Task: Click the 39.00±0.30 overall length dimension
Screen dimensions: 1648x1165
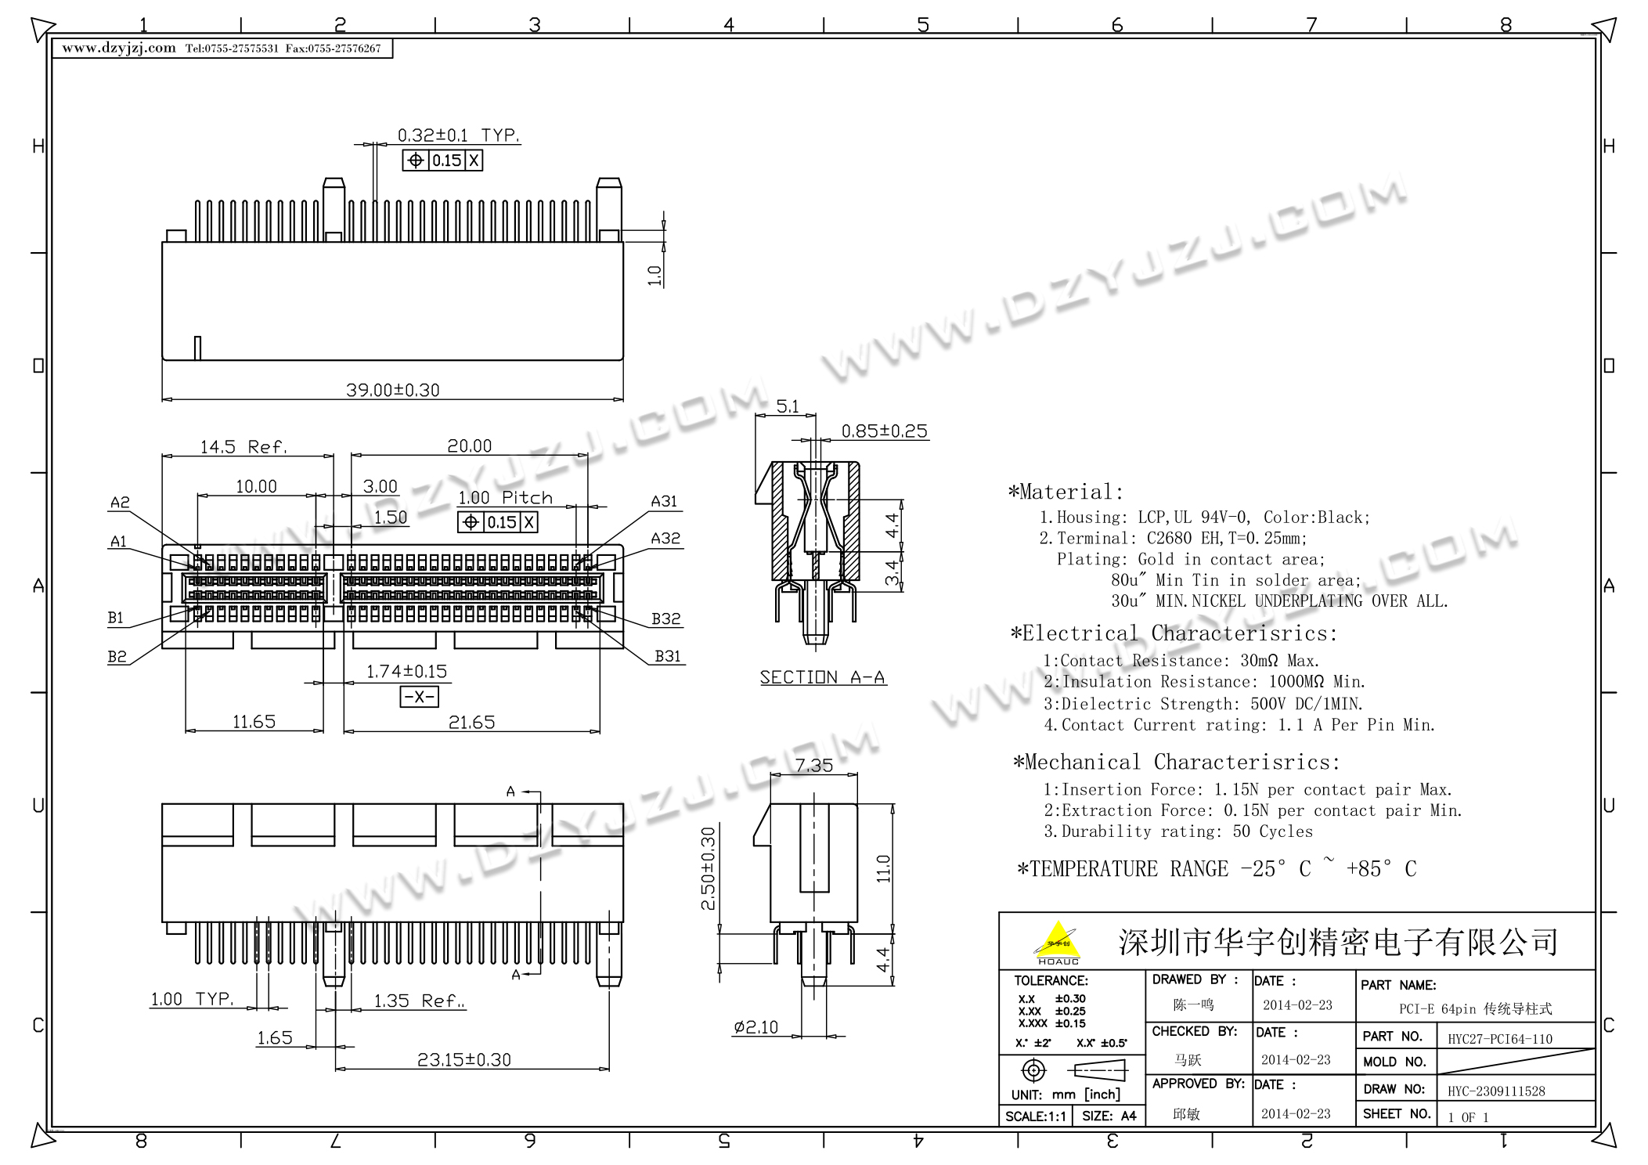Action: (x=393, y=390)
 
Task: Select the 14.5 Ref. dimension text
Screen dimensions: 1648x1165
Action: (x=243, y=447)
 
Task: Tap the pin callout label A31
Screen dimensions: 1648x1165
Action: (x=664, y=501)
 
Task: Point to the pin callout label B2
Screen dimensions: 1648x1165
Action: (x=117, y=656)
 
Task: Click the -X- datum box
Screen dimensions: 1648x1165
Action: (x=419, y=697)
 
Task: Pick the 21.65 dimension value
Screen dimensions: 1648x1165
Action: (x=471, y=722)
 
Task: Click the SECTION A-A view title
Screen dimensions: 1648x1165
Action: (x=822, y=677)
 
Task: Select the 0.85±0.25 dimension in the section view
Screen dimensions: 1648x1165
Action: (x=884, y=431)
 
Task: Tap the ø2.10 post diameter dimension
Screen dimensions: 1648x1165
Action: (x=755, y=1027)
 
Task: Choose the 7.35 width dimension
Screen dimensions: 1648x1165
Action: (x=814, y=765)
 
